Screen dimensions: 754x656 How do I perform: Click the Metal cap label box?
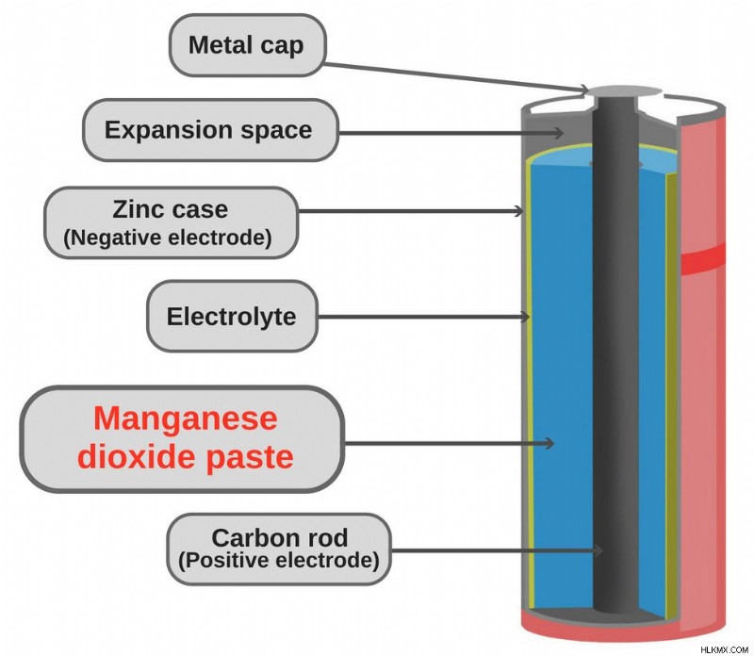(x=248, y=45)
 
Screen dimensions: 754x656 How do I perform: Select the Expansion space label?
(x=210, y=130)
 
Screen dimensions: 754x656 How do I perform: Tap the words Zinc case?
(x=171, y=209)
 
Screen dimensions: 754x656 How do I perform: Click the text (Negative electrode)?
(x=168, y=238)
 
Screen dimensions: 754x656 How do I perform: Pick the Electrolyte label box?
(x=232, y=317)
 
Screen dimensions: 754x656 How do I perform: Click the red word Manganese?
(x=185, y=418)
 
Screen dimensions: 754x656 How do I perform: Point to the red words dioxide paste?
(x=185, y=456)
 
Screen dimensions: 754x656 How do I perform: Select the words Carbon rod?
(x=279, y=537)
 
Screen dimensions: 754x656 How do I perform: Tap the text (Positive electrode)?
(x=279, y=560)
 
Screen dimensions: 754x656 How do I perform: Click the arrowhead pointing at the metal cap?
(x=584, y=90)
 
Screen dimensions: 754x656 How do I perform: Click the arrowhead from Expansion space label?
(x=559, y=133)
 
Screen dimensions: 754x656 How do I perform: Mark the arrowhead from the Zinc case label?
(x=519, y=210)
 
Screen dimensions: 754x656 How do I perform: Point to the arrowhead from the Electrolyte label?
(x=524, y=317)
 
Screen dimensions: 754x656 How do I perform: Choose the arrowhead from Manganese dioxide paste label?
(x=549, y=443)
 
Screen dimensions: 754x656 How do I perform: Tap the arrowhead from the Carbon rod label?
(x=598, y=550)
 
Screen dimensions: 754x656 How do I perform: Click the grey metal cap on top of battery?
(x=625, y=91)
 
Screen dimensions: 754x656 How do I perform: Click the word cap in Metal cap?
(x=282, y=46)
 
